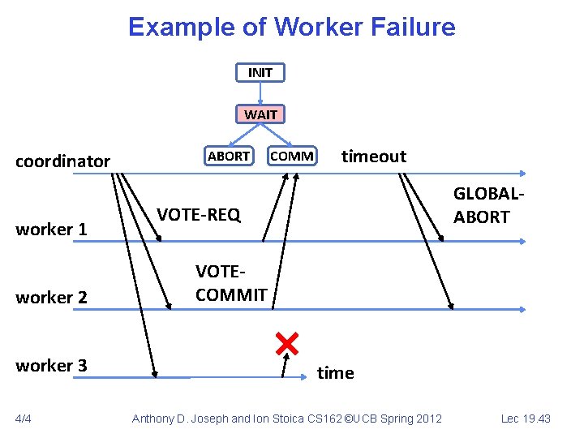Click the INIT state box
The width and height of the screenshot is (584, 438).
[x=260, y=72]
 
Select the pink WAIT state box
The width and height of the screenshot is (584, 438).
[x=260, y=114]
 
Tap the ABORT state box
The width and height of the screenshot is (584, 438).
[x=229, y=155]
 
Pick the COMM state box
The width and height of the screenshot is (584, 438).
[x=292, y=156]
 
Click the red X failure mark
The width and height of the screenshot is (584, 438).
[x=286, y=344]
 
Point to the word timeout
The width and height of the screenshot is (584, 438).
[x=373, y=156]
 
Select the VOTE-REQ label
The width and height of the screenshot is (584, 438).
[x=199, y=214]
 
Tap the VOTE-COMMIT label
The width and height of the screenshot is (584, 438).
[x=231, y=283]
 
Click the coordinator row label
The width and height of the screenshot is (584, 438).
[x=63, y=161]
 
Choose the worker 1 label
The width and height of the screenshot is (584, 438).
[x=51, y=229]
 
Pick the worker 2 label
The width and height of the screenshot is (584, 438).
[x=51, y=297]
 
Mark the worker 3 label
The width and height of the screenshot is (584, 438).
[x=51, y=365]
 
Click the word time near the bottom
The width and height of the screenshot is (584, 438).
[x=335, y=372]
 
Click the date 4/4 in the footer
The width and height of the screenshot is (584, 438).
[x=24, y=419]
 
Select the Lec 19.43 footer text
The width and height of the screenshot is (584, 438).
[x=526, y=419]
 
